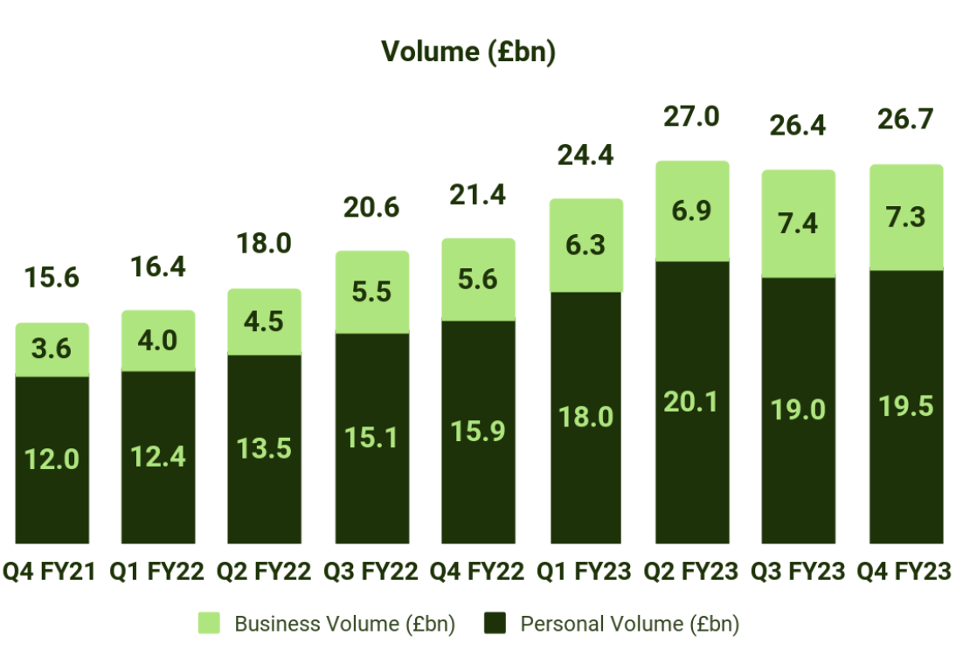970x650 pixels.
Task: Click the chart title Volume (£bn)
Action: pos(468,52)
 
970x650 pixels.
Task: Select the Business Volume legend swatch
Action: pos(210,623)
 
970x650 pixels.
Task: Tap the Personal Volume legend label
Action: pos(629,624)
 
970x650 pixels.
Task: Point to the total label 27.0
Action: pos(691,117)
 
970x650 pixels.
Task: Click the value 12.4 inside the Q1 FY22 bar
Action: pos(158,455)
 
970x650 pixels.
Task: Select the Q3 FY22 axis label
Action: pos(370,572)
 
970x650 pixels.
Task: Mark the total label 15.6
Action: pos(52,279)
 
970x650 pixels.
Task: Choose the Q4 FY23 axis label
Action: pos(904,572)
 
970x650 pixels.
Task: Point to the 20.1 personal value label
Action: pos(691,403)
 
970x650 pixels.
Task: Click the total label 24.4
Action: pos(585,156)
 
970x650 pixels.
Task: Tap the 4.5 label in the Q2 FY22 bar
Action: pos(265,322)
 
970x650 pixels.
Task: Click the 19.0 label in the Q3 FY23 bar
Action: pos(798,409)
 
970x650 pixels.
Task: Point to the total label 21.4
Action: pos(477,195)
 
